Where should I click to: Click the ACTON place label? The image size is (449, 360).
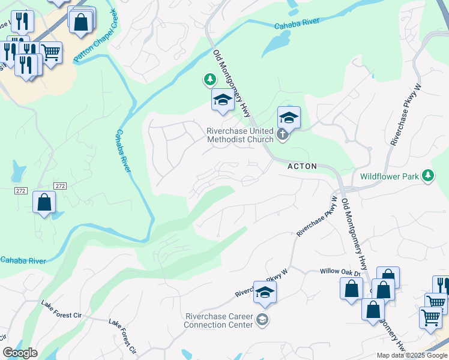(301, 166)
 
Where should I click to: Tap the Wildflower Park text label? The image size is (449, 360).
(389, 176)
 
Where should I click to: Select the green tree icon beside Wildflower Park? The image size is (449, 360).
(427, 175)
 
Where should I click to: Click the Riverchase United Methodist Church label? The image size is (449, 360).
(240, 135)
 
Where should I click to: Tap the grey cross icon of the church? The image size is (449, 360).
(283, 136)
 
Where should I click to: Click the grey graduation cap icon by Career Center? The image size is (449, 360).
(262, 320)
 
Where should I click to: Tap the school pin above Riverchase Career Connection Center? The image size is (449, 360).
(264, 292)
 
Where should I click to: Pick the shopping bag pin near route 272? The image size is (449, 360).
(44, 202)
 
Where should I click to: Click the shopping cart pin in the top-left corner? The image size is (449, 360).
(51, 53)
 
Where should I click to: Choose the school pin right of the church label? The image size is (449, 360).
(289, 118)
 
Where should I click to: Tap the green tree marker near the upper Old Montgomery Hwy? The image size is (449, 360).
(209, 79)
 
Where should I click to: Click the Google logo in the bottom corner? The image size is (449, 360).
(20, 353)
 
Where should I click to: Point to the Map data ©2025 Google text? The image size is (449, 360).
(411, 355)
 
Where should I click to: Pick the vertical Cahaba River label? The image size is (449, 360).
(123, 151)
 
